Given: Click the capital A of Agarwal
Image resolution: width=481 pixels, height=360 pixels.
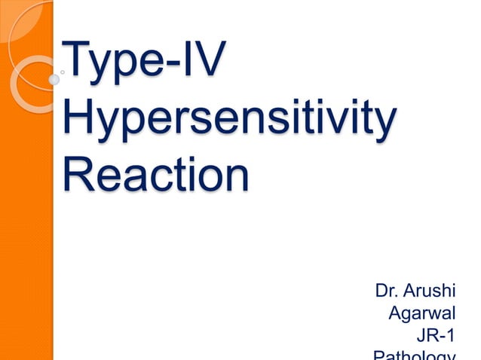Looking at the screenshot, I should (x=397, y=311).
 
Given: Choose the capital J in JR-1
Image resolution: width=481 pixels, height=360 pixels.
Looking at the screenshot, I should (x=422, y=334).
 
